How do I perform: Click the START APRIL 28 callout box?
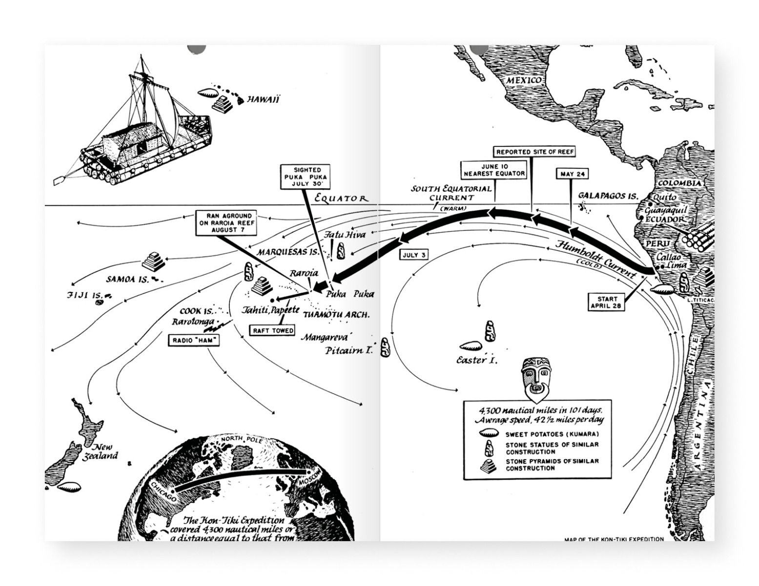click(x=607, y=302)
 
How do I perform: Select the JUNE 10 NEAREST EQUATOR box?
click(x=494, y=170)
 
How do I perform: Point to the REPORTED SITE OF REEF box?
click(x=534, y=152)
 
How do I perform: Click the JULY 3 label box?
click(x=414, y=255)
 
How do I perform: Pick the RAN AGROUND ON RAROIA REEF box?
click(x=226, y=223)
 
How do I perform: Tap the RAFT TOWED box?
click(x=273, y=331)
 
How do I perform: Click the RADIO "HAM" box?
click(x=193, y=340)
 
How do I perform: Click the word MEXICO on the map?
click(x=524, y=80)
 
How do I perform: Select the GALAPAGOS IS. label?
click(x=608, y=196)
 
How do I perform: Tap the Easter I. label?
click(x=472, y=360)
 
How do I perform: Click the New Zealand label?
click(x=103, y=452)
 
